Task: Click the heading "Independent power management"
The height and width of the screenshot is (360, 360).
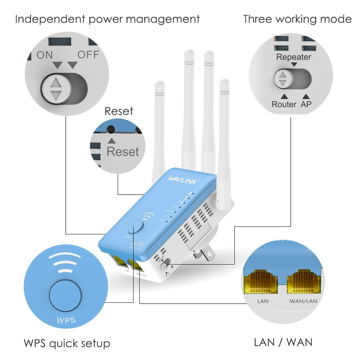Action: click(x=107, y=19)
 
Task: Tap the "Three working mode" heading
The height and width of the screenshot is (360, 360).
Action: click(x=297, y=19)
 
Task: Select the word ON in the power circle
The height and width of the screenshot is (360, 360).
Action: click(x=45, y=55)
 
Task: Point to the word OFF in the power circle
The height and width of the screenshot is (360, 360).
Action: click(x=88, y=54)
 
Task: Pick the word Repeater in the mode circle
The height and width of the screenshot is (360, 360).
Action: click(x=293, y=57)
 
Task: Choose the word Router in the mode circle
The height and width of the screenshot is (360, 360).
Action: click(x=284, y=104)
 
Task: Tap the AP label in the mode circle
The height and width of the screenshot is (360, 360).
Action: click(x=306, y=104)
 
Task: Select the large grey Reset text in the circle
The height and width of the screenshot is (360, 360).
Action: click(x=123, y=151)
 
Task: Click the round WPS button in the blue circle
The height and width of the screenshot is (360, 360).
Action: click(x=65, y=295)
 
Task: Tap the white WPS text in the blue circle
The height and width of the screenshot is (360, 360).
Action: click(x=65, y=321)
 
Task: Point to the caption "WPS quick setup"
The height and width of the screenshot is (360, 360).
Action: click(x=67, y=343)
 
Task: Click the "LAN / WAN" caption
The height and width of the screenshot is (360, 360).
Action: click(x=283, y=342)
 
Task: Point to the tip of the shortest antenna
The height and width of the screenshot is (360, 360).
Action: click(x=159, y=84)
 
